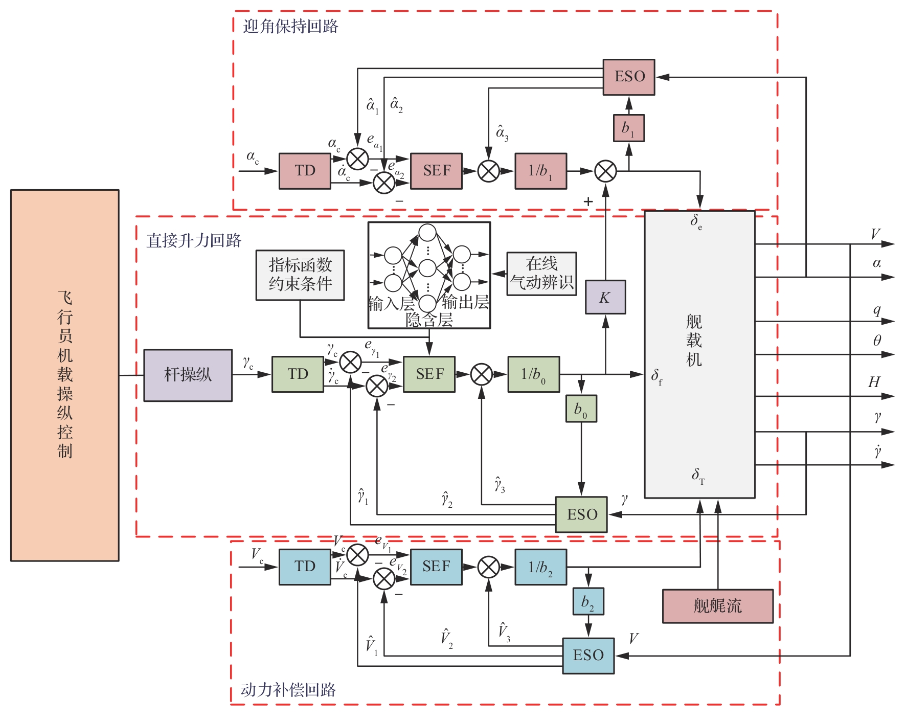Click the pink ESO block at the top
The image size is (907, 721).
[x=628, y=77]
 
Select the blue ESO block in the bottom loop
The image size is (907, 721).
[x=588, y=656]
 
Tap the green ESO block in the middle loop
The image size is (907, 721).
[x=581, y=514]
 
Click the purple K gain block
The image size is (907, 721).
[x=605, y=297]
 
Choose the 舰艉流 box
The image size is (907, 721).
[x=717, y=606]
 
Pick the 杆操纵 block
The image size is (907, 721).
[x=188, y=375]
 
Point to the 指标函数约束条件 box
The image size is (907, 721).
[x=300, y=275]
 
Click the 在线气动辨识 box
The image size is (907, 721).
[x=541, y=274]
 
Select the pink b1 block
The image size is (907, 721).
[x=628, y=128]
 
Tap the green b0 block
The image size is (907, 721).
[x=581, y=409]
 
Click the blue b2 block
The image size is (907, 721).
[x=588, y=601]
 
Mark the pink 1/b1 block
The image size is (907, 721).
[x=540, y=171]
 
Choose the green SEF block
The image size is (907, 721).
[x=429, y=374]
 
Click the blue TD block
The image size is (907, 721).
[x=305, y=567]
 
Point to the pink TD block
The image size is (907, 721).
[x=305, y=171]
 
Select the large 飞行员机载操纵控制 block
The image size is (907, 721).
[x=65, y=375]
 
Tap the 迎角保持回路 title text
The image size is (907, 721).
[x=290, y=27]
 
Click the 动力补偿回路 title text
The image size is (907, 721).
[x=288, y=690]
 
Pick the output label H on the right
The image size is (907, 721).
[x=874, y=382]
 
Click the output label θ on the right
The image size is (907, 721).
[x=877, y=341]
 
